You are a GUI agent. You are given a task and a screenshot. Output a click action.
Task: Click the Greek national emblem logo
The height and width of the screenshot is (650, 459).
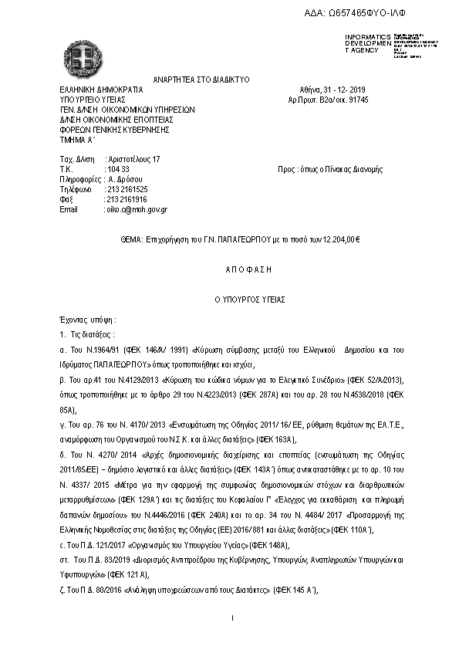point(83,54)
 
